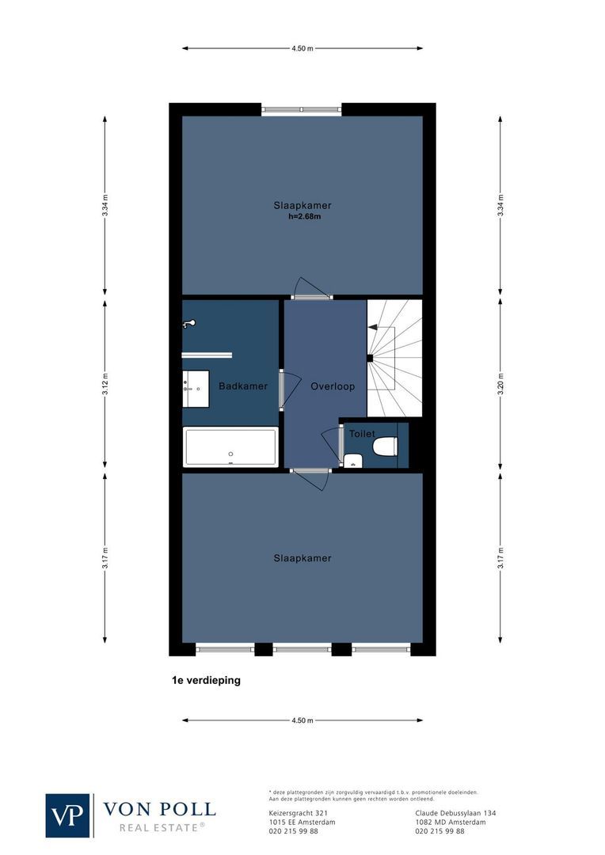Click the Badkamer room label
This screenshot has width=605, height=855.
(x=243, y=386)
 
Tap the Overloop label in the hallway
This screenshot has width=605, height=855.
(x=333, y=386)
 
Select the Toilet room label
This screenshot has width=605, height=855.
(x=362, y=434)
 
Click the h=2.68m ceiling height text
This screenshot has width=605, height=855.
(x=305, y=216)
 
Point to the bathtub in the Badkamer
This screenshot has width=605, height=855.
(x=230, y=447)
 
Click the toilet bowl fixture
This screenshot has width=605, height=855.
(x=385, y=446)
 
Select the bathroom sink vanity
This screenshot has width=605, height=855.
(x=196, y=388)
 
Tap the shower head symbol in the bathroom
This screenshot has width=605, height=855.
(x=188, y=324)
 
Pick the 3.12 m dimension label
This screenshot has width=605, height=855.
(x=105, y=386)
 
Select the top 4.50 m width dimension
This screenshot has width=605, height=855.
(x=302, y=48)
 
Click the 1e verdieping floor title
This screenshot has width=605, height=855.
(x=206, y=679)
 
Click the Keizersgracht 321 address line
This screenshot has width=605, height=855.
(x=298, y=813)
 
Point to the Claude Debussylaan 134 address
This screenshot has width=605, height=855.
(x=455, y=813)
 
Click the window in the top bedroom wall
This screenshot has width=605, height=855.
(x=302, y=110)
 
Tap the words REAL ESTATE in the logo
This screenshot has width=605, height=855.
(x=162, y=827)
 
